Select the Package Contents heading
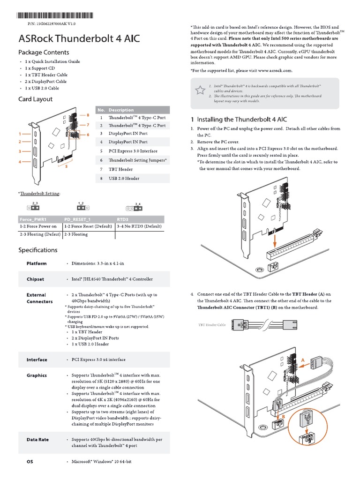coord(44,52)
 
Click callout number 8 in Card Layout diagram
coord(87,115)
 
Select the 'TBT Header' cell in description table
coord(120,169)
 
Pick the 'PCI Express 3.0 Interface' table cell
coord(133,151)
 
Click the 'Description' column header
coord(121,110)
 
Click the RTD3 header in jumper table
coord(122,219)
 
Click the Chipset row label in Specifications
coord(36,279)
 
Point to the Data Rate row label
coord(37,440)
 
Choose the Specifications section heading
coord(38,250)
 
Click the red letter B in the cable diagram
coord(283,416)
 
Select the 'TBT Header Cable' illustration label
coord(212,324)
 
